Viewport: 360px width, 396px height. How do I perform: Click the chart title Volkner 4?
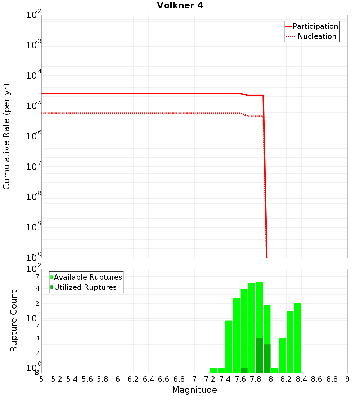point(180,5)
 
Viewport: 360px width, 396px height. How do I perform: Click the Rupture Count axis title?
point(14,321)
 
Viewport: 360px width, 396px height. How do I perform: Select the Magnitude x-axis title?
point(194,390)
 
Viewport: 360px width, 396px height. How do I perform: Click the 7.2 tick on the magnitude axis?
point(210,379)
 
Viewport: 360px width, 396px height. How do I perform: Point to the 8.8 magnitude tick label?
point(332,379)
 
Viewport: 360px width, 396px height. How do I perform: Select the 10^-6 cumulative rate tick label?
point(34,136)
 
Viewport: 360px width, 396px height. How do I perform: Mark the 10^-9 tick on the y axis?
point(34,227)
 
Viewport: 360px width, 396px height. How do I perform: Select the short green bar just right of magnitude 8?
point(275,370)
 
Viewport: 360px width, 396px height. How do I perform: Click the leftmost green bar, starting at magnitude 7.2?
point(213,370)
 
